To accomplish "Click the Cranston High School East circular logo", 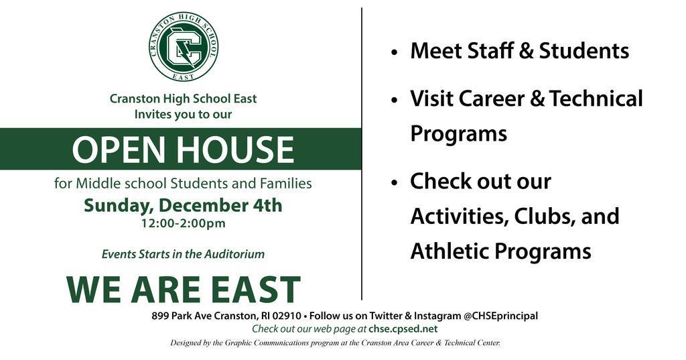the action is tap(184, 46).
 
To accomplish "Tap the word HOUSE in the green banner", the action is tap(235, 149).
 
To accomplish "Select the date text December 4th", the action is tap(220, 205).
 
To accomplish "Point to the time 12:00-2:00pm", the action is tap(184, 223).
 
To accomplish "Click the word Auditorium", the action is tap(234, 254).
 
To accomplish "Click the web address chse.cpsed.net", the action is tap(403, 329).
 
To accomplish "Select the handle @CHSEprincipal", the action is tap(500, 316).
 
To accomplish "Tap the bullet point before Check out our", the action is tap(395, 182).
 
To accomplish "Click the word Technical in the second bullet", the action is tap(596, 98).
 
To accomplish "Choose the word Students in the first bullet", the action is tap(584, 51).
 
